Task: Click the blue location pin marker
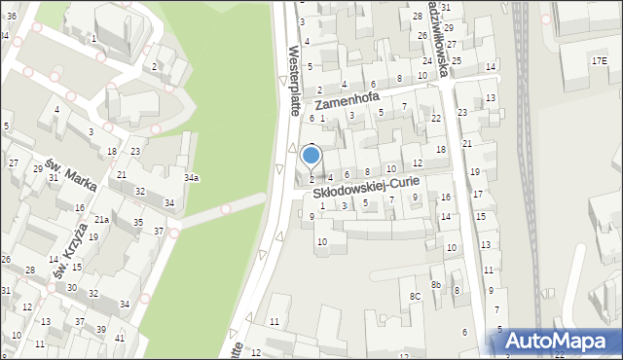pos(311,156)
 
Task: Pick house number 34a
pos(192,177)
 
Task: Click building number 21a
pos(101,220)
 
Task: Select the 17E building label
pos(600,60)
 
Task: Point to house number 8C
pos(415,296)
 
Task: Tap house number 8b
pos(437,284)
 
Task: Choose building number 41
pos(120,338)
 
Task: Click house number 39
pos(101,330)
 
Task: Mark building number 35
pos(138,223)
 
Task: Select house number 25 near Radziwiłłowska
pos(457,60)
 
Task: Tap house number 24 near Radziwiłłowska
pos(426,61)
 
